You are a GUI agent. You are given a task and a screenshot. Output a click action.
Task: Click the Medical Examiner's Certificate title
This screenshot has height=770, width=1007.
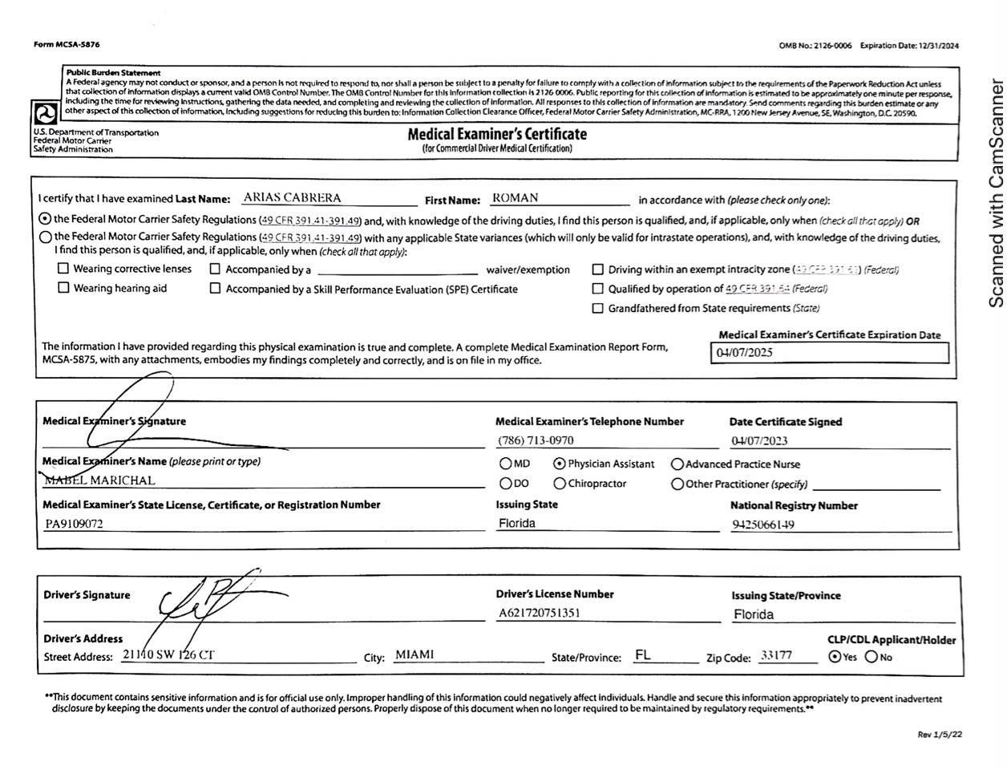pyautogui.click(x=497, y=135)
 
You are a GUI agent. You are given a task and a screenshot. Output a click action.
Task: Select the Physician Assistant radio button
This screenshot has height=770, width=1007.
pyautogui.click(x=560, y=464)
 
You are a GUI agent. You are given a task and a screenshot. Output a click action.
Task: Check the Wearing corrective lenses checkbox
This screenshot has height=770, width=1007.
pyautogui.click(x=63, y=269)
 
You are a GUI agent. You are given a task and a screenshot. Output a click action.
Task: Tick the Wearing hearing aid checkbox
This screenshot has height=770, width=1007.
pyautogui.click(x=63, y=288)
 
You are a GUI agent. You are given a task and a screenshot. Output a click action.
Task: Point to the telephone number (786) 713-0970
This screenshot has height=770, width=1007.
pyautogui.click(x=536, y=440)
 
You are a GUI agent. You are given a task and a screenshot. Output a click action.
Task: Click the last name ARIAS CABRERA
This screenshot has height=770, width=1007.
pyautogui.click(x=292, y=198)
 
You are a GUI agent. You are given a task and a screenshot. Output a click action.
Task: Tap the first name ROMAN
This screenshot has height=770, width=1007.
pyautogui.click(x=516, y=198)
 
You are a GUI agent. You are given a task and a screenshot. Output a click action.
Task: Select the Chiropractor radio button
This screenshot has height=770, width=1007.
pyautogui.click(x=560, y=484)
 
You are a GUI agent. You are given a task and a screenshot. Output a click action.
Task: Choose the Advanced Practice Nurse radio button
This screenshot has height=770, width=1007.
pyautogui.click(x=677, y=464)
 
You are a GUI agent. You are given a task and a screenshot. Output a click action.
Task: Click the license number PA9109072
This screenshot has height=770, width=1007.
pyautogui.click(x=74, y=525)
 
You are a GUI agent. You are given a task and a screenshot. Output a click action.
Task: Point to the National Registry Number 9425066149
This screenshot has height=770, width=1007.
pyautogui.click(x=763, y=525)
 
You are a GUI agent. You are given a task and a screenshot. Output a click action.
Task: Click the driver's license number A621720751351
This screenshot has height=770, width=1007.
pyautogui.click(x=540, y=613)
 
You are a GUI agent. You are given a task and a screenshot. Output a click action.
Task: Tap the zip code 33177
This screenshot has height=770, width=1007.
pyautogui.click(x=776, y=655)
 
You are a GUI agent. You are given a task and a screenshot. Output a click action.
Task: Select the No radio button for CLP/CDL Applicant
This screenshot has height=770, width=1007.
pyautogui.click(x=871, y=657)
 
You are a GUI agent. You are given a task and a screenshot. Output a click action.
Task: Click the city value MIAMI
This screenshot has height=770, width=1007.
pyautogui.click(x=415, y=655)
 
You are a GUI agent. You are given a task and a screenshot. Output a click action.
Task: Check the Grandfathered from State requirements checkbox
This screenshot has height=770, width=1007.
pyautogui.click(x=597, y=308)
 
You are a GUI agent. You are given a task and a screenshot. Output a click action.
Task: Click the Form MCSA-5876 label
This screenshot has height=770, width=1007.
pyautogui.click(x=67, y=45)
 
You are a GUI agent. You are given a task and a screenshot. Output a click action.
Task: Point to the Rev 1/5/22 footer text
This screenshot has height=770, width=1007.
pyautogui.click(x=940, y=734)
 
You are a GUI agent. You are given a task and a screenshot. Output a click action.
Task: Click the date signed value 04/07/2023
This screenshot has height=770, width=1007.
pyautogui.click(x=759, y=440)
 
